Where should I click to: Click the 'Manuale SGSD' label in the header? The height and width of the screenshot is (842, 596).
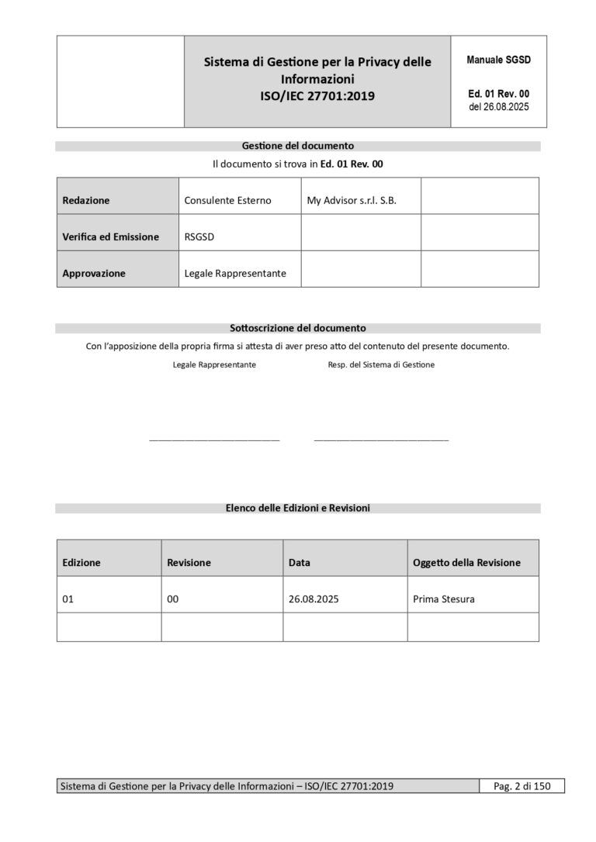click(498, 60)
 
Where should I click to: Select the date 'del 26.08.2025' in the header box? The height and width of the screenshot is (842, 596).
click(498, 107)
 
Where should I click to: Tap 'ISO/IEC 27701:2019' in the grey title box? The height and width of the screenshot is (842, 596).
click(317, 97)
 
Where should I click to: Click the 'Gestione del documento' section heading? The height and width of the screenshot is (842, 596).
click(298, 146)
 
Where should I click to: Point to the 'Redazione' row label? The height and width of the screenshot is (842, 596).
click(86, 200)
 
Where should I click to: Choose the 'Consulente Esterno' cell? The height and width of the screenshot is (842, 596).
click(227, 200)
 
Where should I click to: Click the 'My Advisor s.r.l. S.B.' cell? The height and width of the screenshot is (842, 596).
click(352, 200)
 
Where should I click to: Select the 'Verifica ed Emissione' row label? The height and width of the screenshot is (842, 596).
click(111, 236)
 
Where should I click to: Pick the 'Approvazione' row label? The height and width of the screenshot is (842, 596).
click(94, 273)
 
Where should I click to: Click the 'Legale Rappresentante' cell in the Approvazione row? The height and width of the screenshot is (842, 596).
click(235, 273)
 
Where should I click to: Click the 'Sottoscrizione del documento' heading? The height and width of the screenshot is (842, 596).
click(298, 328)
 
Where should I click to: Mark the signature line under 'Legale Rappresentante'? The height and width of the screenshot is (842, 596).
click(214, 440)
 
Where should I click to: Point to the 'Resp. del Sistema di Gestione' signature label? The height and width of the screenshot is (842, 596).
click(381, 364)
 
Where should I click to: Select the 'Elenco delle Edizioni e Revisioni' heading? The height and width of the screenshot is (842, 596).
click(298, 508)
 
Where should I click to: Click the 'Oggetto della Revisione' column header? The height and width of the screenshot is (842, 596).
click(466, 562)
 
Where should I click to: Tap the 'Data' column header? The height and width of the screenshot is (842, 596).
click(300, 562)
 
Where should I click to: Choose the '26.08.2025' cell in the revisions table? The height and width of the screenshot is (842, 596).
click(314, 599)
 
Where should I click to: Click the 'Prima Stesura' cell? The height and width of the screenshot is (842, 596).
click(444, 599)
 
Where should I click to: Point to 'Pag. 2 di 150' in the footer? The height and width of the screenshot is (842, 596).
click(521, 786)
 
